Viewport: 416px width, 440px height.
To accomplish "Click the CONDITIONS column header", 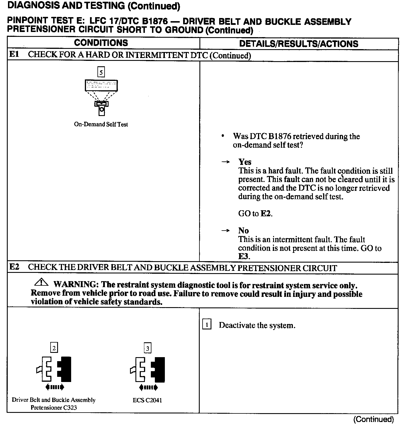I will click(x=101, y=43).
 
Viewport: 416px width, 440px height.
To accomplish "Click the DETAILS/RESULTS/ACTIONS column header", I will click(x=299, y=44).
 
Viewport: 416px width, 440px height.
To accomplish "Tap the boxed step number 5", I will click(x=101, y=72).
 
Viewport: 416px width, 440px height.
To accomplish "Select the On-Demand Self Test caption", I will click(x=101, y=124).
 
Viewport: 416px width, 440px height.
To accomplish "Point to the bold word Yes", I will click(x=245, y=162).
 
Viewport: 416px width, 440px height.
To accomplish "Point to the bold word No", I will click(x=243, y=231).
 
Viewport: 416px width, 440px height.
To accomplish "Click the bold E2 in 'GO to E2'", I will click(x=266, y=214).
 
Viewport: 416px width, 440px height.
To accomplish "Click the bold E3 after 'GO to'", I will click(x=243, y=256).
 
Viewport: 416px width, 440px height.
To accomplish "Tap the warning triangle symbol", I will click(x=41, y=282).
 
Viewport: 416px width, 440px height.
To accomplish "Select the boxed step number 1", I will click(x=207, y=325).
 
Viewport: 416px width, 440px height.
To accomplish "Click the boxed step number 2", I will click(x=54, y=348).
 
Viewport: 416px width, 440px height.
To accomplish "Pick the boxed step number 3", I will click(x=147, y=348).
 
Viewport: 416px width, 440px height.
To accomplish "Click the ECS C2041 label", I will click(x=147, y=400).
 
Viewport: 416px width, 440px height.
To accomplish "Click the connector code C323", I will click(x=70, y=408).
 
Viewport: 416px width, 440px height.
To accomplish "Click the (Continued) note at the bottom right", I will click(x=373, y=419).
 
